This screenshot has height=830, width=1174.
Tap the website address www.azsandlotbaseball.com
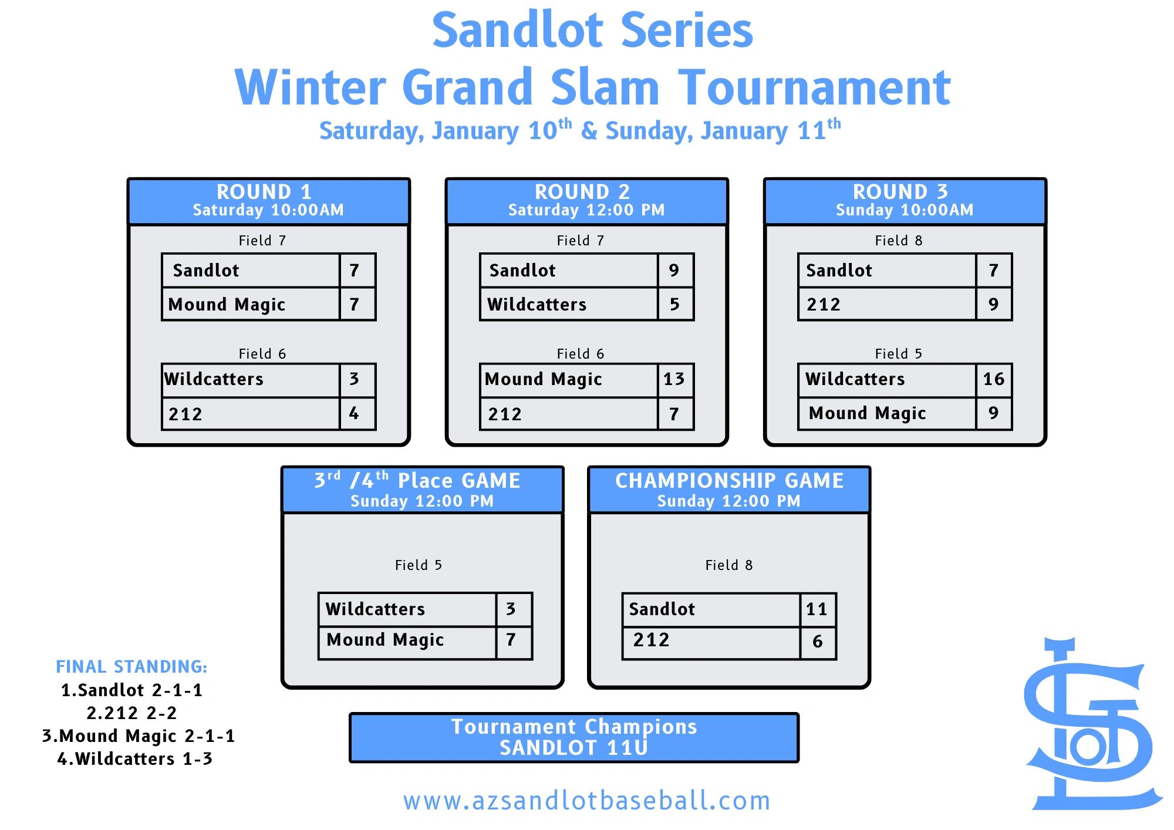point(586,801)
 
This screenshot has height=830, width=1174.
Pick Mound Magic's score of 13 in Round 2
point(674,379)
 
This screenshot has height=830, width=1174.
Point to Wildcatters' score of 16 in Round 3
point(994,379)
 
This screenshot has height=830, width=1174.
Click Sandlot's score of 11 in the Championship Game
point(817,609)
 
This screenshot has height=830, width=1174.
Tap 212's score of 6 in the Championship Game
point(817,642)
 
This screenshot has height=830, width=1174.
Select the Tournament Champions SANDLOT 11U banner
point(574,738)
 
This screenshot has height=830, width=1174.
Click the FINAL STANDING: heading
point(131,667)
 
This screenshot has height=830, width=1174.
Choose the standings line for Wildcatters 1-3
point(134,759)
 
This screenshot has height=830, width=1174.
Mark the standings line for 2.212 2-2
point(131,713)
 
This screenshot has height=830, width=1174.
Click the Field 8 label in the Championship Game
point(728,565)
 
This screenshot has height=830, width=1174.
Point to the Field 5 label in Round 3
point(898,354)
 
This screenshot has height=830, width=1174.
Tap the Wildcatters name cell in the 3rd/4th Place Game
point(408,609)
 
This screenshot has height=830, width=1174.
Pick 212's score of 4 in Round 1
point(354,414)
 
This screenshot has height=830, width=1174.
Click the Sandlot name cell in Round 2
point(569,271)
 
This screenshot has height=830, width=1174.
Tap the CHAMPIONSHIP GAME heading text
point(729,481)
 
